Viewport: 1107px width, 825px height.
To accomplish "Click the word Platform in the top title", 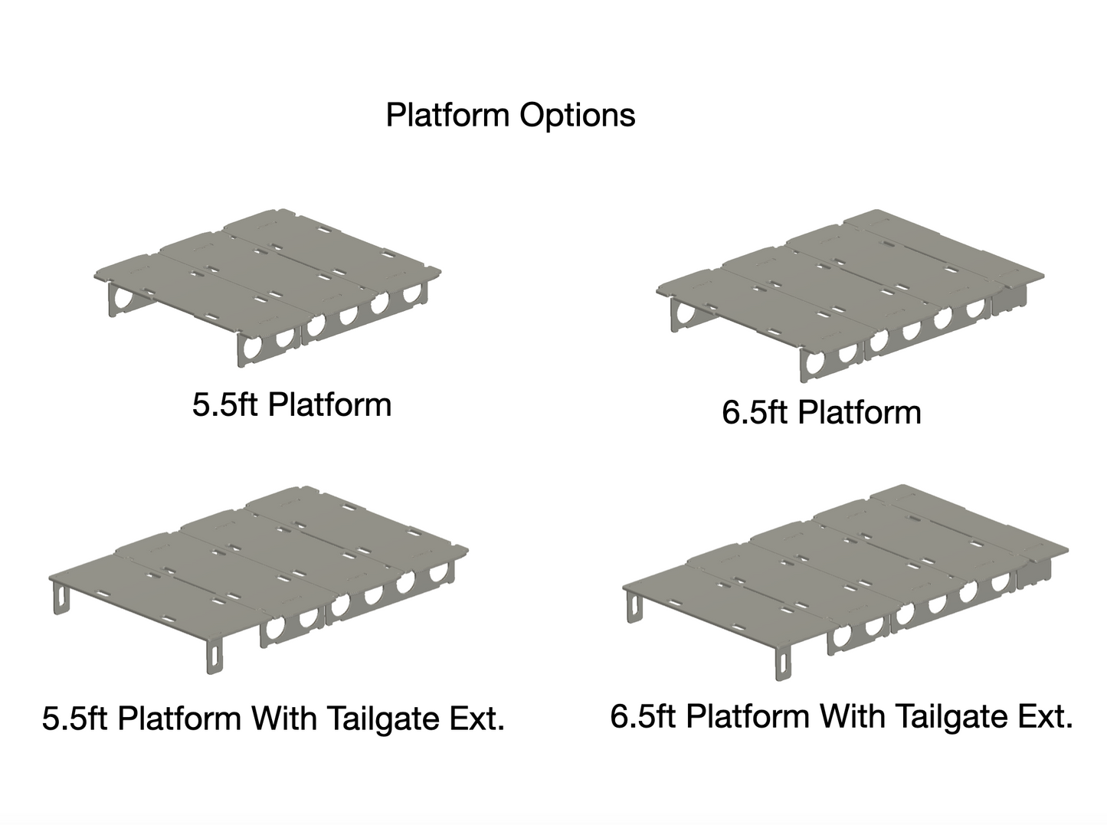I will (x=447, y=116).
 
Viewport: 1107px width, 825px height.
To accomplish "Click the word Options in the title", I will (x=578, y=116).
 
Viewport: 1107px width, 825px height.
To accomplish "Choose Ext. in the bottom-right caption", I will (x=1044, y=716).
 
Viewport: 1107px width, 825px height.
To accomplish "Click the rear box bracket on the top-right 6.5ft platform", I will (x=1010, y=299).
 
